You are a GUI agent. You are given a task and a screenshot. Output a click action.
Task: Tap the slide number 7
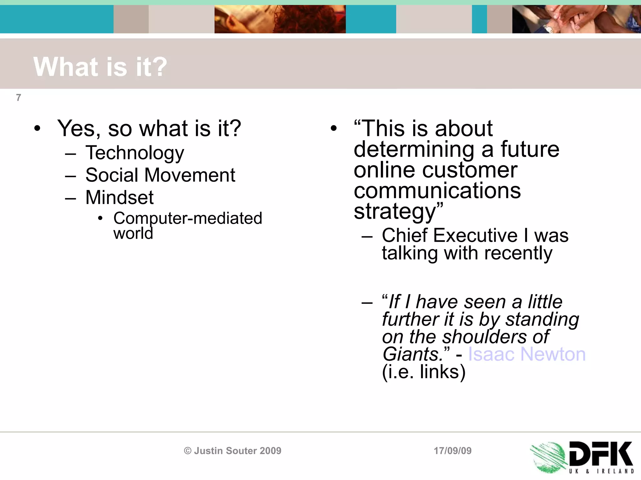[18, 98]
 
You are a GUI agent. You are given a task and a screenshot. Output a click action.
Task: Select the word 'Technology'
[135, 153]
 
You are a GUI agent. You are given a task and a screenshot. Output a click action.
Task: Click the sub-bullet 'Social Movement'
[160, 175]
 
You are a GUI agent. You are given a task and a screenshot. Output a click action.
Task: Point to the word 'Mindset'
[119, 197]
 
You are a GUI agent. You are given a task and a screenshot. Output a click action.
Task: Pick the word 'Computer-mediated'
[187, 218]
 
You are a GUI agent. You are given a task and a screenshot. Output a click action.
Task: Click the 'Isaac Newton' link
[526, 354]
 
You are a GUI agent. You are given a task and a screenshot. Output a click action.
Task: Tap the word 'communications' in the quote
[437, 191]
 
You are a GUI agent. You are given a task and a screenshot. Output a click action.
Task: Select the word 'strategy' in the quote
[395, 212]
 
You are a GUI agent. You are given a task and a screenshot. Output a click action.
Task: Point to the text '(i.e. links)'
[424, 372]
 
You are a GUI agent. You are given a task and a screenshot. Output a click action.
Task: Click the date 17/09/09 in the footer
[453, 451]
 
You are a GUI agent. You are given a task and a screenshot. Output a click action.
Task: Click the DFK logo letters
[600, 454]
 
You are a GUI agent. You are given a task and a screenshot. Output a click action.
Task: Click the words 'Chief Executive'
[449, 235]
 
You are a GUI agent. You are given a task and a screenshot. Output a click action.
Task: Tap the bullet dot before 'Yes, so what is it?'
[37, 128]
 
